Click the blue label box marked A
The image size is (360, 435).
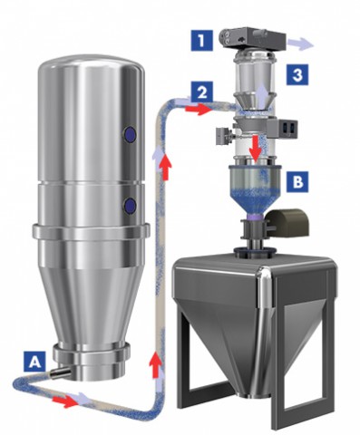35,362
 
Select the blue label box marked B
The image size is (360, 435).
297,182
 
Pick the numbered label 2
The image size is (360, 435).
202,92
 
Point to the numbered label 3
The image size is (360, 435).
297,74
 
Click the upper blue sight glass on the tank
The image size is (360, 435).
130,133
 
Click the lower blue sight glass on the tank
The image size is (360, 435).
130,206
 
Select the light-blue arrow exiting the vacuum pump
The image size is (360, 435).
300,44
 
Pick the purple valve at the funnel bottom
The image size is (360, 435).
255,217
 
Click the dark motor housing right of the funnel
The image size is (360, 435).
287,223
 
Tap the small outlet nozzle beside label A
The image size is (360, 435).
60,372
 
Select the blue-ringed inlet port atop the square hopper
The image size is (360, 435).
254,251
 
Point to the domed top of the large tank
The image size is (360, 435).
92,64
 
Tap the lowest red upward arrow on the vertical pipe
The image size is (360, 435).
156,364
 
